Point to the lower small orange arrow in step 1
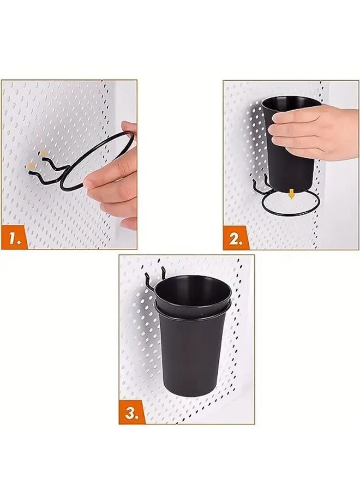pos(33,164)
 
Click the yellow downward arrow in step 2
pos(292,193)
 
